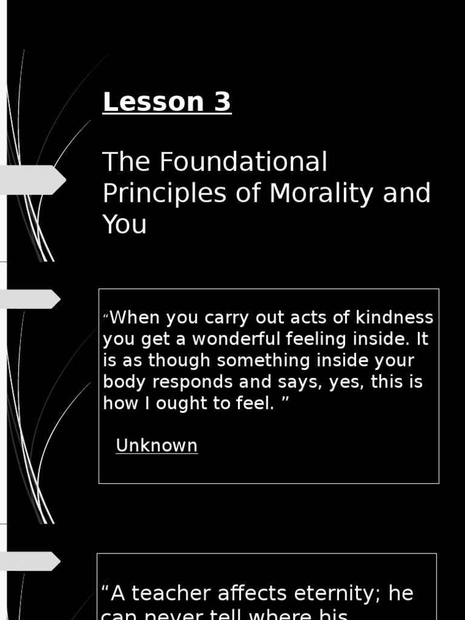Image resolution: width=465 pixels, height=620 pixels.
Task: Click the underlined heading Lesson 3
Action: (167, 102)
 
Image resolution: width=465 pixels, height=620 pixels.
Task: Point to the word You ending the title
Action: (124, 224)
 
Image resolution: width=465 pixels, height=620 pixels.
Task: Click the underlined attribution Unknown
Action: (156, 446)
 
